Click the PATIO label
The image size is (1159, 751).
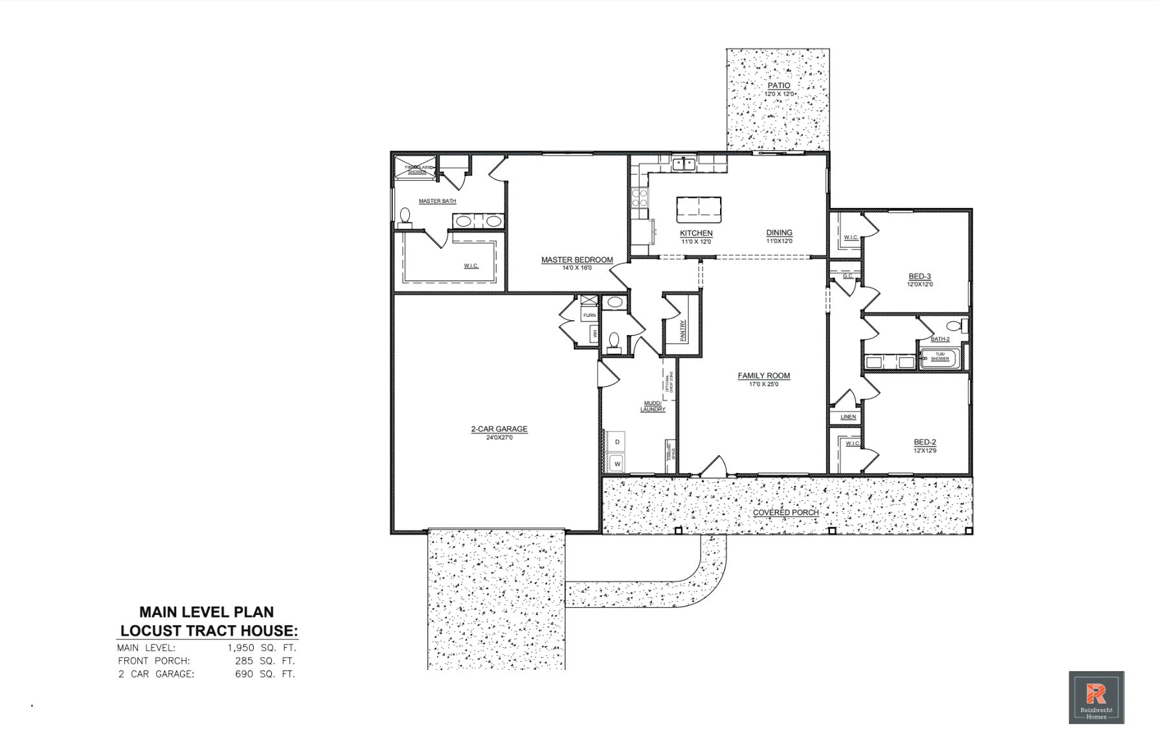[x=778, y=86]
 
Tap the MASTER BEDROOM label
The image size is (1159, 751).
[x=577, y=260]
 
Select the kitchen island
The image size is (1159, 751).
[x=699, y=209]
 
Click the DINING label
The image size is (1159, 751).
[x=779, y=233]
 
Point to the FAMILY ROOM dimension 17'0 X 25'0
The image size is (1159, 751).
[x=763, y=384]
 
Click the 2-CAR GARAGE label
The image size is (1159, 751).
[x=499, y=429]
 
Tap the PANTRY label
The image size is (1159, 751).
[x=683, y=330]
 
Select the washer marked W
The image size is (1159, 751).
[x=617, y=463]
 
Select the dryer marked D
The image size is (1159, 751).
[x=617, y=442]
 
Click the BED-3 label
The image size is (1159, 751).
[x=919, y=277]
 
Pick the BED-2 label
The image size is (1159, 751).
[x=925, y=442]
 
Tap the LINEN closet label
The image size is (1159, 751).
[x=848, y=417]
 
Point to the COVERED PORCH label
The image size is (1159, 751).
[x=785, y=513]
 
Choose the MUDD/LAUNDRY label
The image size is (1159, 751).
[x=653, y=406]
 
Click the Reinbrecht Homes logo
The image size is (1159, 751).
[x=1096, y=697]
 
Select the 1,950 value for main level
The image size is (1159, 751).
[x=241, y=647]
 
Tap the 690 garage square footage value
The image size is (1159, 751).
[x=244, y=674]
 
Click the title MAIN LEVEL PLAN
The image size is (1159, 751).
[x=207, y=612]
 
